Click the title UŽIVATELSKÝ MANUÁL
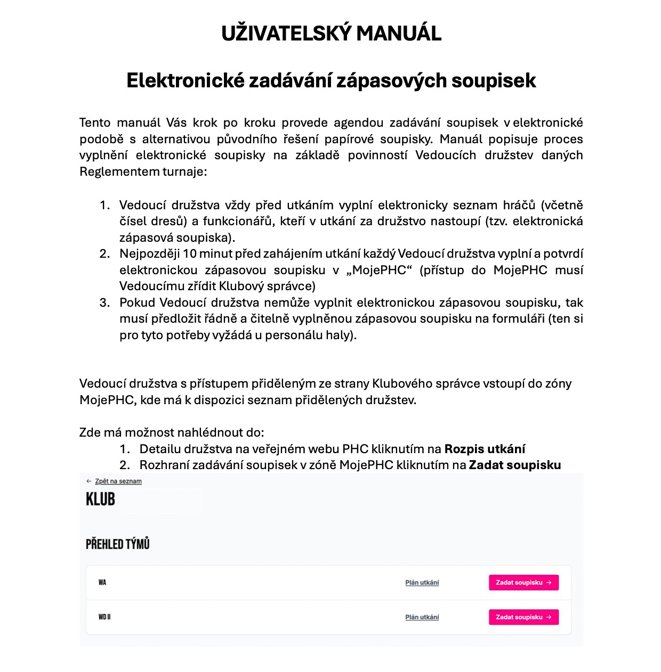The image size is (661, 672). point(331,34)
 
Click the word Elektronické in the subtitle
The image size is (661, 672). point(185,80)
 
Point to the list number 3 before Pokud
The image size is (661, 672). point(104,302)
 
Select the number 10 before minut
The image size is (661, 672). point(189,253)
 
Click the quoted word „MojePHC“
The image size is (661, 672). point(379,270)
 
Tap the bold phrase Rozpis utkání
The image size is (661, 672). point(485,449)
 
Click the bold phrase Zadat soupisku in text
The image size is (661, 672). point(514,465)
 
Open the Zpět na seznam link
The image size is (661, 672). point(118,481)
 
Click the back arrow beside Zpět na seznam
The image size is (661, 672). point(89,481)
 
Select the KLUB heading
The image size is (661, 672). point(101,499)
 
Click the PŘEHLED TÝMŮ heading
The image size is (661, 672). point(118,544)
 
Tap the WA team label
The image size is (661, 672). point(102,583)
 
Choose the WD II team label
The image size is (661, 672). point(104,617)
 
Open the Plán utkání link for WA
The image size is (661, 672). point(422,583)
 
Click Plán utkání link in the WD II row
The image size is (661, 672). point(422,617)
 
